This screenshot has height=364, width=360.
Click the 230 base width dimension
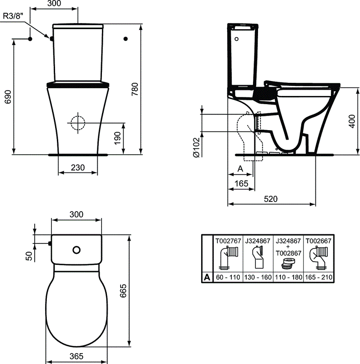tap(78, 167)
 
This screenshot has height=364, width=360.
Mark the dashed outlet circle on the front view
tap(78, 121)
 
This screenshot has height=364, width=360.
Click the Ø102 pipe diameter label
tap(195, 148)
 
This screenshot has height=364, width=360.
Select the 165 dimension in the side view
tap(241, 183)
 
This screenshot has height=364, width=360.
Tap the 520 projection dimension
tap(271, 199)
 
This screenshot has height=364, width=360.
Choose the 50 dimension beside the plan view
tap(28, 256)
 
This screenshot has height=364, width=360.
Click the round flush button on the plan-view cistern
tap(76, 249)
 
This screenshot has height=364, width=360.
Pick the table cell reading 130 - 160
tap(258, 277)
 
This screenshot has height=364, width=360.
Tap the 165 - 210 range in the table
tap(318, 277)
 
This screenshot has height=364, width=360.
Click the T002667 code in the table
tap(318, 240)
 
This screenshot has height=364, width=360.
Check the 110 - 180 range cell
tap(288, 277)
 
